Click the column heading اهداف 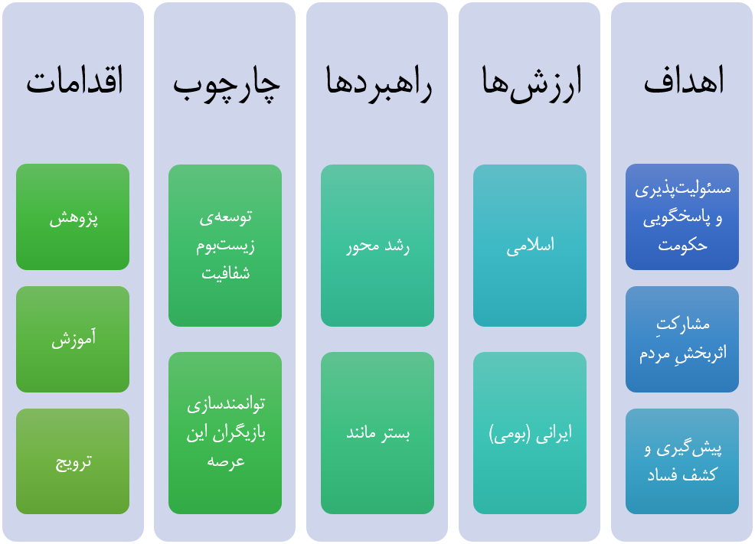click(684, 80)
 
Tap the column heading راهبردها click(378, 83)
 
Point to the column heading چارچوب click(227, 83)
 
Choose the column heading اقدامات click(74, 80)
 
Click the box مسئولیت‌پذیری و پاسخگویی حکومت click(681, 217)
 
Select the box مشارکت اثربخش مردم click(681, 339)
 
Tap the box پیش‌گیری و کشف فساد click(681, 461)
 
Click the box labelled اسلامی click(530, 246)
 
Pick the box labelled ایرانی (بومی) click(530, 433)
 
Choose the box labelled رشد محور click(377, 246)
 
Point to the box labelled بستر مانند click(377, 433)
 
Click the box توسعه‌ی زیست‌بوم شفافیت click(225, 246)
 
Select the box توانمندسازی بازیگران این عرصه click(225, 433)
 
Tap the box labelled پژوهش click(73, 217)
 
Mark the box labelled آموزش click(73, 339)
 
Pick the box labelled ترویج click(73, 461)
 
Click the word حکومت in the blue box click(682, 246)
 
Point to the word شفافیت click(225, 273)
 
